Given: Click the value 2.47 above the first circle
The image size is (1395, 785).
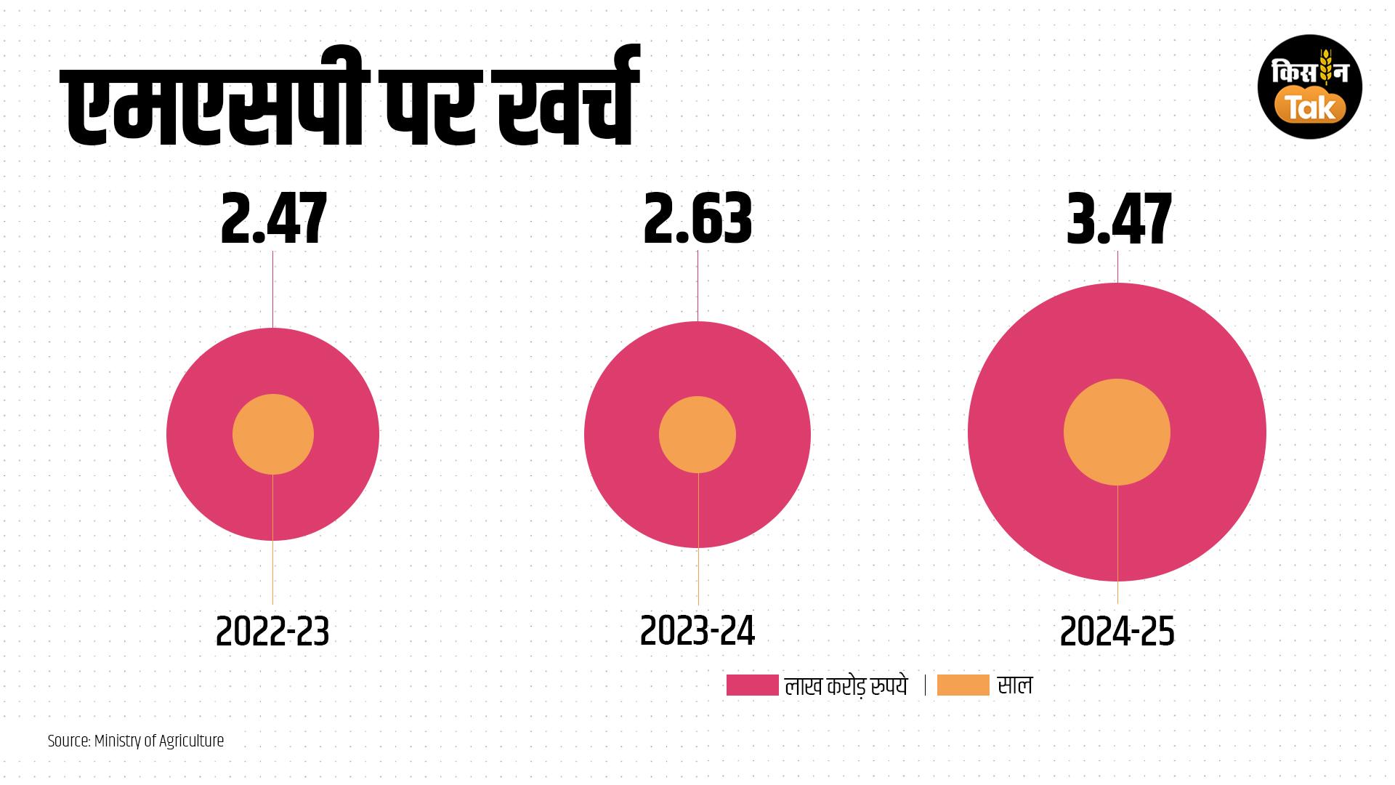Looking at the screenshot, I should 273,219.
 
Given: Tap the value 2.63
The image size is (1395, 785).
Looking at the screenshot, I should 697,219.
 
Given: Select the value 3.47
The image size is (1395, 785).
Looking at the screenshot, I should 1118,219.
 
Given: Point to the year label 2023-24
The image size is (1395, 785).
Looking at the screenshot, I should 697,632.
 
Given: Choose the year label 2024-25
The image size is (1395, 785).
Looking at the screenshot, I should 1117,632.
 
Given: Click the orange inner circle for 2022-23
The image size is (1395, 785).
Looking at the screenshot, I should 273,435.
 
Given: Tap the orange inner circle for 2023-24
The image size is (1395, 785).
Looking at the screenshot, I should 697,435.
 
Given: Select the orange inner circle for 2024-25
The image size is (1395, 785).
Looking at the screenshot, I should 1117,432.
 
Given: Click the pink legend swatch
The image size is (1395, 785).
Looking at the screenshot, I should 752,685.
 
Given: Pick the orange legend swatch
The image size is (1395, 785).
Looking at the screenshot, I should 963,685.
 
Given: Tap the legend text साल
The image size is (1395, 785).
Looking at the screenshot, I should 1014,685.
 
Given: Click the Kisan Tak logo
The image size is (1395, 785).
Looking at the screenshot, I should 1309,86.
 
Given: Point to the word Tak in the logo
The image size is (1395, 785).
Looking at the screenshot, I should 1311,107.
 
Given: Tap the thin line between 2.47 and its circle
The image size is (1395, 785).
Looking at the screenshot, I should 273,289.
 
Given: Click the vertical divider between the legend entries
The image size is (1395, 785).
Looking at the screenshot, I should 925,685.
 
